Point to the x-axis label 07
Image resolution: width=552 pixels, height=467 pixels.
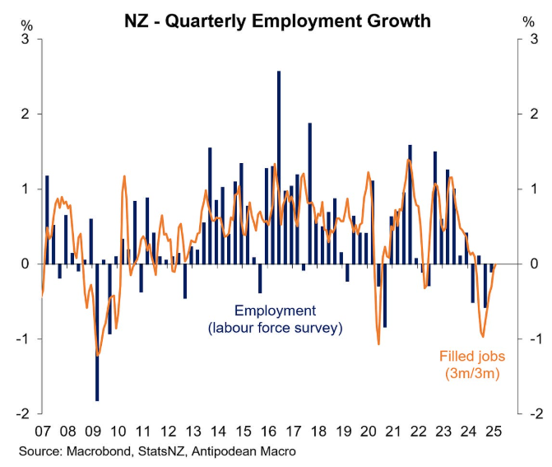point(43,431)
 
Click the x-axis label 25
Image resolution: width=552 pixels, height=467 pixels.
point(494,431)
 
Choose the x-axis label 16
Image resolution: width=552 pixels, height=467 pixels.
point(268,431)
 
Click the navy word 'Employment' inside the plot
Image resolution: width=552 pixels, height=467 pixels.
point(275,311)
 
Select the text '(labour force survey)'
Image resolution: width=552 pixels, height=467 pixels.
point(275,328)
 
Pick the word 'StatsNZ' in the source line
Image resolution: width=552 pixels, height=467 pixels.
point(164,452)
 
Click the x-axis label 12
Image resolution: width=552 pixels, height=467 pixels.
point(168,431)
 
